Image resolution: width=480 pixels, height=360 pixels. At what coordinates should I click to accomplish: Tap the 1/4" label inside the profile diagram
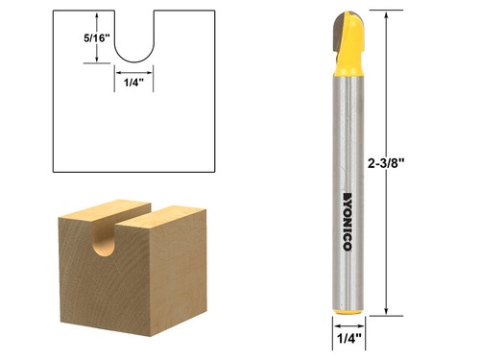coord(133,84)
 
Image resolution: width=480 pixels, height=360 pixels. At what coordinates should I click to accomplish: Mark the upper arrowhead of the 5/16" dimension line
coord(97,14)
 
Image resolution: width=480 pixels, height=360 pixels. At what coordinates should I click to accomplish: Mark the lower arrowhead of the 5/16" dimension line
coord(97,60)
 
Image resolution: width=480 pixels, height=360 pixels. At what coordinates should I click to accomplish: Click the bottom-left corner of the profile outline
coord(53,170)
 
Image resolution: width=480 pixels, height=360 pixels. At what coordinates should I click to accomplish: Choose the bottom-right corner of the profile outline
coord(214,170)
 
